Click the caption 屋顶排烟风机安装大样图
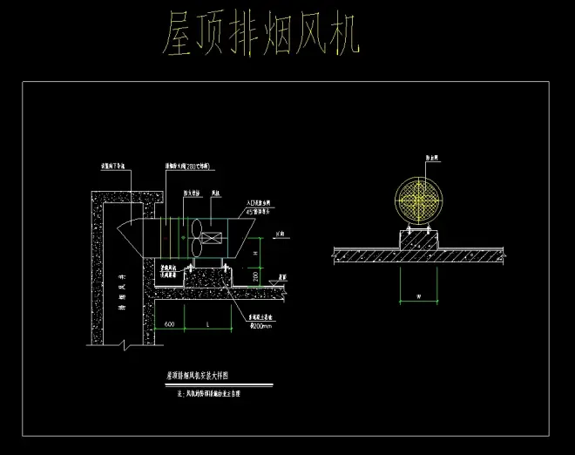point(197,376)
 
